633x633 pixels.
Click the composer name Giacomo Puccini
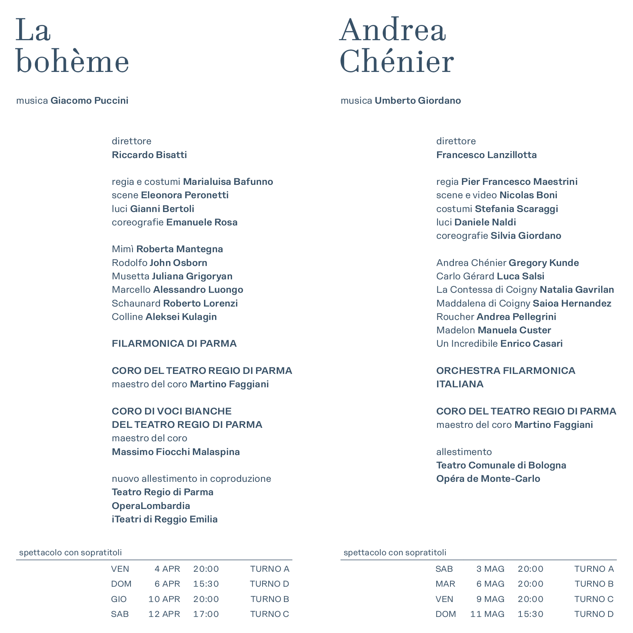89,101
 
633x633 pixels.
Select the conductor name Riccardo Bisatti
149,155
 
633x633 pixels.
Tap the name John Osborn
178,263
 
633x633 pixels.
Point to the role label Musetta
131,276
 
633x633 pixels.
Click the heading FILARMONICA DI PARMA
174,344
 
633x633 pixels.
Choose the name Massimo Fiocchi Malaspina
176,452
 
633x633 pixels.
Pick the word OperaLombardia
151,506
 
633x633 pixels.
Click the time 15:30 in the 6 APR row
206,584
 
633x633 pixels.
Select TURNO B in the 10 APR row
270,599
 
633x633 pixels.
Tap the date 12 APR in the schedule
164,614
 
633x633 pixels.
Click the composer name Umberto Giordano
418,101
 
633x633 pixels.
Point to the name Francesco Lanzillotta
486,155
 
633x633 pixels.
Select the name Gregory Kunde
543,263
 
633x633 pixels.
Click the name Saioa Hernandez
572,303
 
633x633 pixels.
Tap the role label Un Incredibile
467,344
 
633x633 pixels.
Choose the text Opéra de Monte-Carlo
488,479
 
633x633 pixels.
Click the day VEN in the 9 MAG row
444,599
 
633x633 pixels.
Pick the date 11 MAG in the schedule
487,614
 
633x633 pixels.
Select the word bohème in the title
72,62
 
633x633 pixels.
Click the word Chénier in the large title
396,62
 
